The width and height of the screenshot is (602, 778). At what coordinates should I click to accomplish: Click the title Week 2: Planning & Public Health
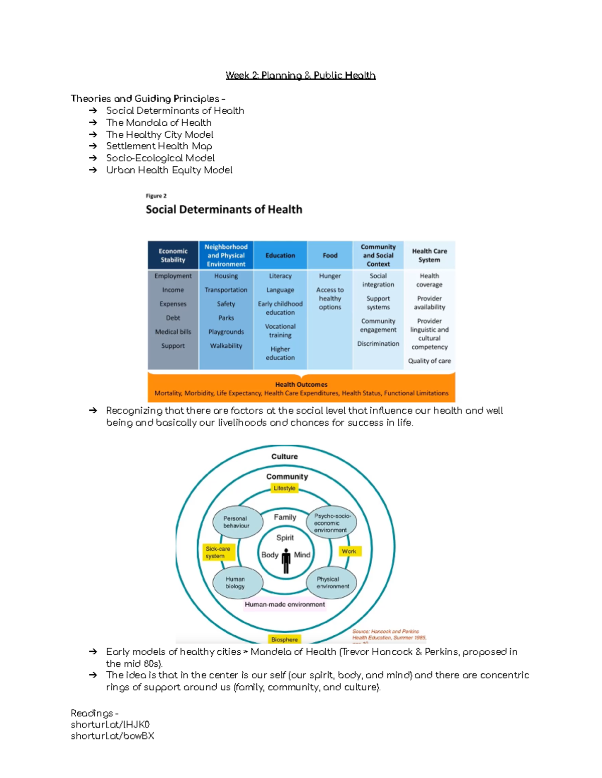(x=300, y=76)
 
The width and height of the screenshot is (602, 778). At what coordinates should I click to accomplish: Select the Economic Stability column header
(x=173, y=255)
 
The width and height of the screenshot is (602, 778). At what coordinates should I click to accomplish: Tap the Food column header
(x=330, y=255)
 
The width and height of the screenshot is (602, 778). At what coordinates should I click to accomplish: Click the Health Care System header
(x=429, y=255)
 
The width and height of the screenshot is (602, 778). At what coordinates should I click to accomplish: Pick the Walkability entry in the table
(x=226, y=346)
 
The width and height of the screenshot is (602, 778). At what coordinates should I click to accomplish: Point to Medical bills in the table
(x=173, y=332)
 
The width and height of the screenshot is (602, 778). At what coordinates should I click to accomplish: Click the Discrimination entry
(x=378, y=344)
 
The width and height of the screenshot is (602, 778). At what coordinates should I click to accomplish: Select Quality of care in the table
(x=429, y=361)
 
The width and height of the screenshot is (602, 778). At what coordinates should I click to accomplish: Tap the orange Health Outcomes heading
(x=301, y=384)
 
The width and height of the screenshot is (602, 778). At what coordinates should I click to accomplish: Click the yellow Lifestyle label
(x=284, y=488)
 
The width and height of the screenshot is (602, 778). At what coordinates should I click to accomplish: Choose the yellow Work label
(x=349, y=551)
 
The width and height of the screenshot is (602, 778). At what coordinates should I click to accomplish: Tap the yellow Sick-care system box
(x=217, y=553)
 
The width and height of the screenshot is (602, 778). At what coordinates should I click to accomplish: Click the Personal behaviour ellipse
(x=237, y=522)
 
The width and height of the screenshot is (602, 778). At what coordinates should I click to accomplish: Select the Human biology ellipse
(x=236, y=583)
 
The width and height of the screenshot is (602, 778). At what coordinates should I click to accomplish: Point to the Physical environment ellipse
(x=332, y=583)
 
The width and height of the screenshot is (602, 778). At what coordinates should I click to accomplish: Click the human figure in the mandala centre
(x=286, y=561)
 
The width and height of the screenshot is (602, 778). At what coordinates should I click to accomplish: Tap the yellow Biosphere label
(x=284, y=639)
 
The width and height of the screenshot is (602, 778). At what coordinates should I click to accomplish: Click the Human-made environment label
(x=284, y=605)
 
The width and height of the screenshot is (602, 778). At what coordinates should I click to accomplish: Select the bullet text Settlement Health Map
(x=159, y=146)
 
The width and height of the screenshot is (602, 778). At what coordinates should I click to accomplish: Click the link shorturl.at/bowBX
(x=112, y=736)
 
